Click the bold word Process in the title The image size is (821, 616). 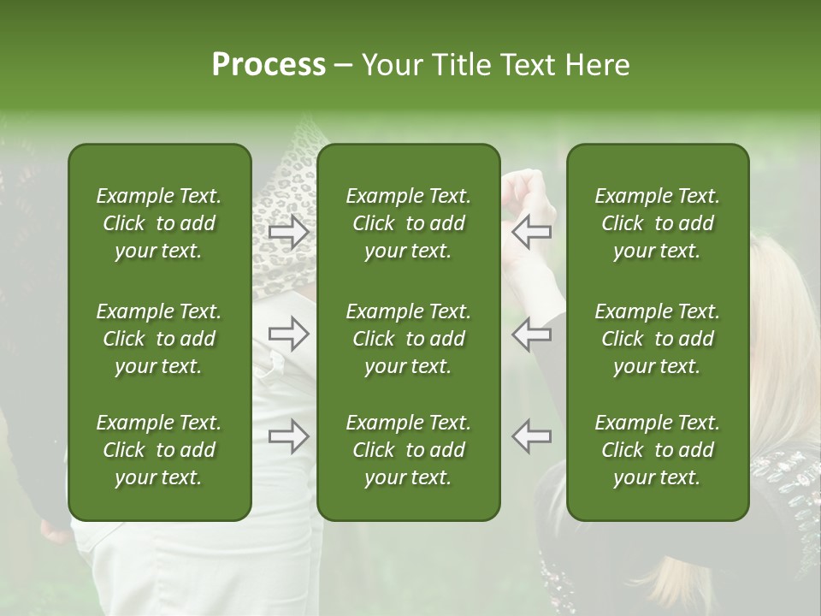(269, 65)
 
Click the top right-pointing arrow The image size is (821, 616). (288, 230)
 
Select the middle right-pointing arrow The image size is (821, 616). (288, 334)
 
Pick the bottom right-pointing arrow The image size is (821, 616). (288, 436)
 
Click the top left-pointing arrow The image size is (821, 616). (532, 230)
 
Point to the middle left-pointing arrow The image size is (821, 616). (532, 334)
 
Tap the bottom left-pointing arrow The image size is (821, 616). (532, 436)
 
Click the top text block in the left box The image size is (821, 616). (159, 223)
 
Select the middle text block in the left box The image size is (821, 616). (159, 339)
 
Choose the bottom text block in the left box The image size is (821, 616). (159, 450)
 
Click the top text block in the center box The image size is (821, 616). (409, 223)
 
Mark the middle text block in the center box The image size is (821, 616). (409, 339)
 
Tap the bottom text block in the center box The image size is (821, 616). (409, 450)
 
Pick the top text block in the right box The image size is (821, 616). (658, 223)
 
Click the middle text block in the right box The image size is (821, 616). (658, 339)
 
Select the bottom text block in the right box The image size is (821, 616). (658, 450)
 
